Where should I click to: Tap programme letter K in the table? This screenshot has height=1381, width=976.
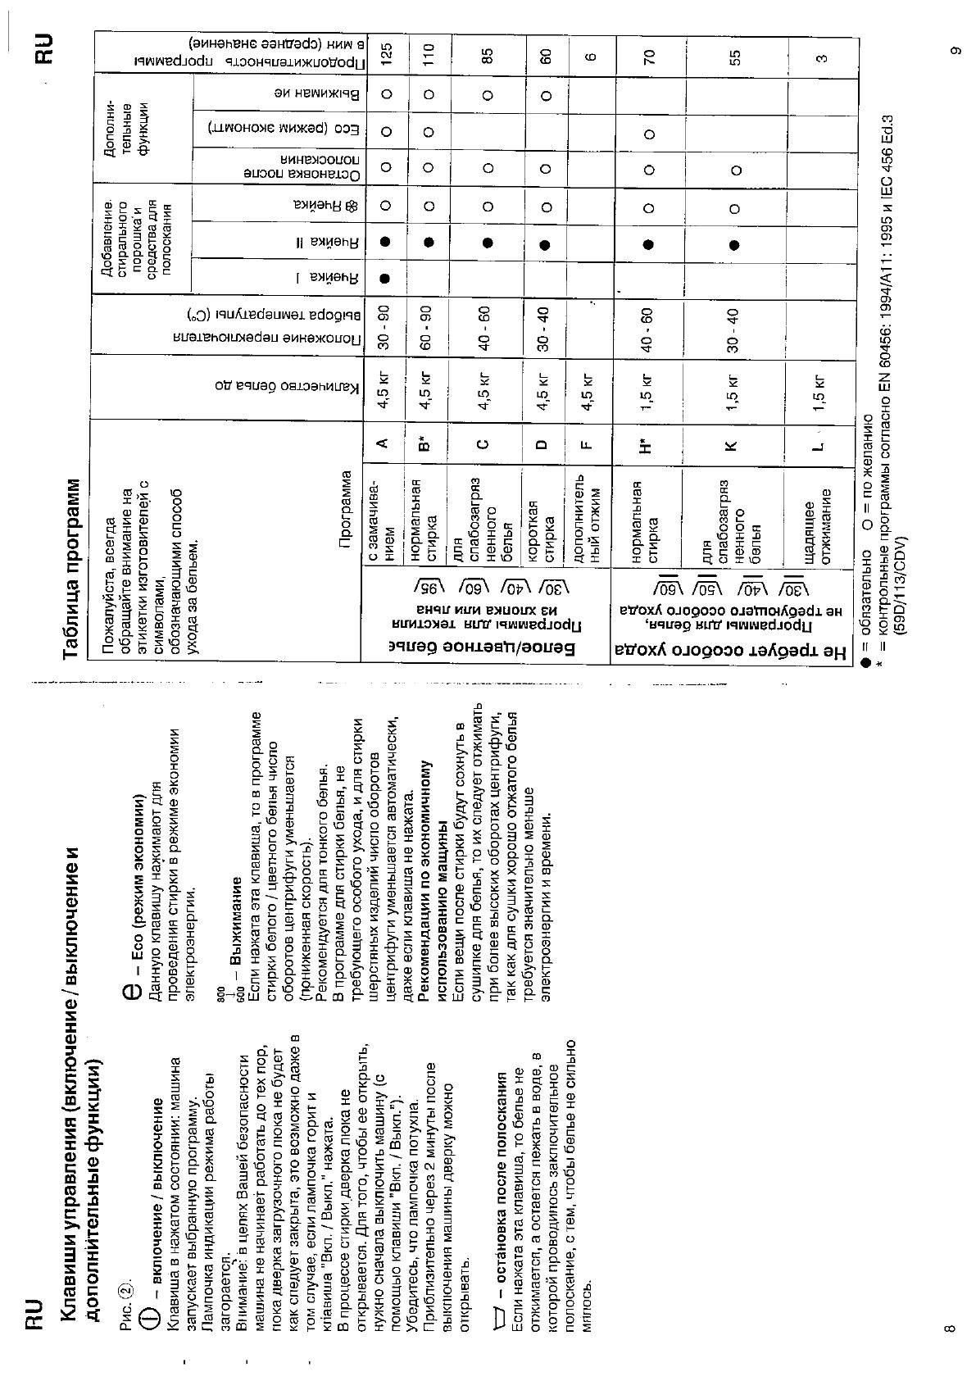tap(732, 446)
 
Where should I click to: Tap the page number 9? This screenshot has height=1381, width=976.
tap(953, 51)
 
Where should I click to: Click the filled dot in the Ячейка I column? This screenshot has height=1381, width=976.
tap(385, 278)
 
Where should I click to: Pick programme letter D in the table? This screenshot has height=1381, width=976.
tap(542, 446)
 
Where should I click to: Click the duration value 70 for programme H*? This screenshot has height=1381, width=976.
tap(651, 57)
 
